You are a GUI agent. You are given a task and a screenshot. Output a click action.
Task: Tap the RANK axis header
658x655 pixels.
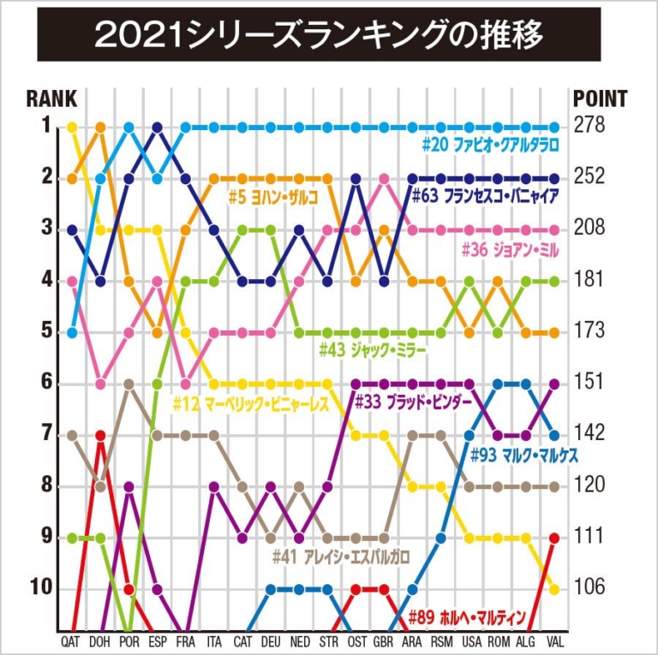click(51, 98)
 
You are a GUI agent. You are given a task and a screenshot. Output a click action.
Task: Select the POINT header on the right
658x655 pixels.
click(600, 98)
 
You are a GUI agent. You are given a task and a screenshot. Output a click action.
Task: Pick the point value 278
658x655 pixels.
click(589, 126)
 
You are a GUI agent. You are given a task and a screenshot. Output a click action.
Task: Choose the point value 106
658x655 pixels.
click(589, 588)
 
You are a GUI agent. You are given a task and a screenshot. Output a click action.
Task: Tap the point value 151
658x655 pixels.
click(589, 383)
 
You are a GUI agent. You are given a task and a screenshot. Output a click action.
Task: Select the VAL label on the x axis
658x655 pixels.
click(554, 640)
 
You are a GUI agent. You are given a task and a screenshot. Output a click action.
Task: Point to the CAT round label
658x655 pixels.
click(242, 640)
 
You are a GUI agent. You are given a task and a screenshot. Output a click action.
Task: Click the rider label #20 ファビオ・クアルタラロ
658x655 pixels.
click(490, 145)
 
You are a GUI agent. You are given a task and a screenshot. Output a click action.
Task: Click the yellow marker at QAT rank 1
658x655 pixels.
click(72, 127)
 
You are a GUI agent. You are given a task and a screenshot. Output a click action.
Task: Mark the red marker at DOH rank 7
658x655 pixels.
click(100, 435)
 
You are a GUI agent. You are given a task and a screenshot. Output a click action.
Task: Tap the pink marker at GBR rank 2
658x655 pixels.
click(384, 178)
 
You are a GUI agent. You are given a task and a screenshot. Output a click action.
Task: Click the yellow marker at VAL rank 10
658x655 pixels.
click(554, 589)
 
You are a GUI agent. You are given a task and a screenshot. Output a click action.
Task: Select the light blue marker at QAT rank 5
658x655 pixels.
click(72, 332)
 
